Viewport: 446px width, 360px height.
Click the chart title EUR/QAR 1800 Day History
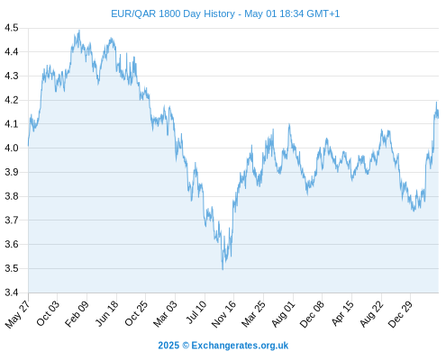[x=173, y=13]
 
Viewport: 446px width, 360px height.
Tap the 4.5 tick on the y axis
[x=12, y=28]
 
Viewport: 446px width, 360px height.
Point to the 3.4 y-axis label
[x=12, y=292]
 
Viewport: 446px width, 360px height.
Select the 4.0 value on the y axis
[x=12, y=148]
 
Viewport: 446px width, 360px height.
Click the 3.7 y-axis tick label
[x=12, y=220]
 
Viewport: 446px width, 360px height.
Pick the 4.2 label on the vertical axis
[x=12, y=100]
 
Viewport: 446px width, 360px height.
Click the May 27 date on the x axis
[x=18, y=314]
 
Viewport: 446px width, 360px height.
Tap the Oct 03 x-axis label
[x=48, y=313]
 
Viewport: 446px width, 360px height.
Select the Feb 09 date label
[x=77, y=313]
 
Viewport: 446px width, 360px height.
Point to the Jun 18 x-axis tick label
[x=107, y=313]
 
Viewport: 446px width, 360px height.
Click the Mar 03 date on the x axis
[x=166, y=313]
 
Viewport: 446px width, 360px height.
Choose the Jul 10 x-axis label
[x=196, y=312]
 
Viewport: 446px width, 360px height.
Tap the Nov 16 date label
[x=223, y=314]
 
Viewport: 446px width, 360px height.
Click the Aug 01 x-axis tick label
[x=284, y=313]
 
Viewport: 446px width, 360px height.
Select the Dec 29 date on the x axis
[x=401, y=314]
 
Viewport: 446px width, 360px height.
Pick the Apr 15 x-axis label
[x=342, y=313]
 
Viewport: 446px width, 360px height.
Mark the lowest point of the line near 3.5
[x=223, y=269]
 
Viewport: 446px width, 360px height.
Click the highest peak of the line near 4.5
[x=79, y=31]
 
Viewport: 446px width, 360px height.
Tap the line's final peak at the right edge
[x=436, y=103]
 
